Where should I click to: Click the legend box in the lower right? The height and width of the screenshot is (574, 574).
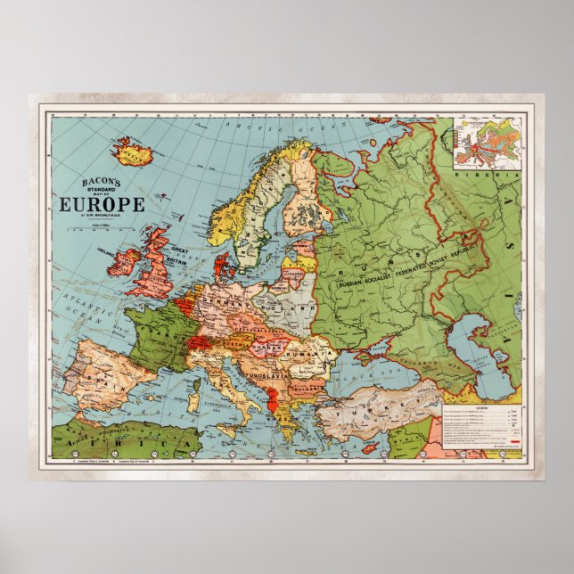pyautogui.click(x=481, y=425)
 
